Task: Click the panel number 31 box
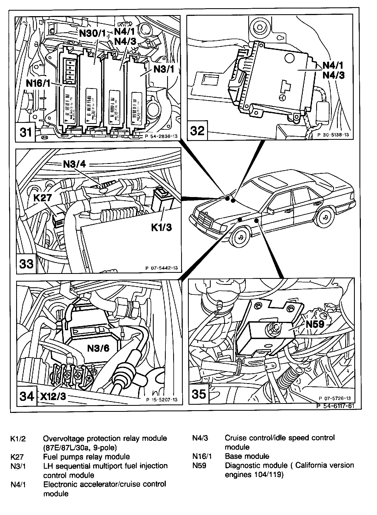pyautogui.click(x=26, y=132)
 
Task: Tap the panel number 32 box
pyautogui.click(x=197, y=131)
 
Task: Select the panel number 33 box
pyautogui.click(x=26, y=264)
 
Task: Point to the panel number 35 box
pyautogui.click(x=199, y=394)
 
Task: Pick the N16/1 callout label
pyautogui.click(x=38, y=83)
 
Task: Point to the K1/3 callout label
pyautogui.click(x=162, y=227)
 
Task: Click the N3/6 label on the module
pyautogui.click(x=98, y=348)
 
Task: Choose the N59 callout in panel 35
pyautogui.click(x=315, y=324)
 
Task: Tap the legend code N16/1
pyautogui.click(x=202, y=456)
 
